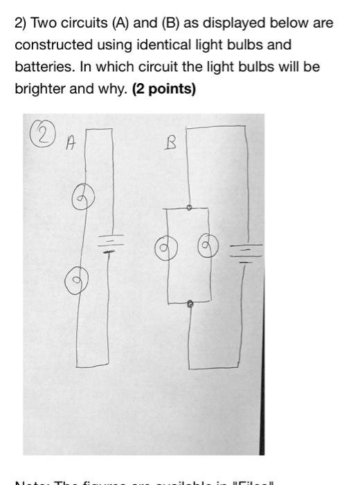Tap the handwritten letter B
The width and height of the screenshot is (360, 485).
pyautogui.click(x=171, y=143)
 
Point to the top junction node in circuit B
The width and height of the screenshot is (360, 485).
pyautogui.click(x=190, y=206)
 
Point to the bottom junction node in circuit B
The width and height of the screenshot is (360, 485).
pyautogui.click(x=191, y=303)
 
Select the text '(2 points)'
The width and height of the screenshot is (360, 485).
pyautogui.click(x=163, y=89)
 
